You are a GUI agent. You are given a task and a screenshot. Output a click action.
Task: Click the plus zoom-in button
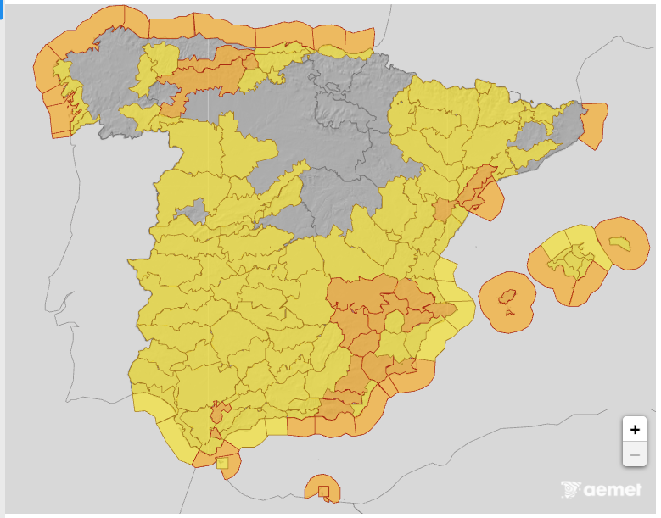coord(634,429)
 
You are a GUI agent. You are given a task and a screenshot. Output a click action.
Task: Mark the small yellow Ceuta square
coord(222,463)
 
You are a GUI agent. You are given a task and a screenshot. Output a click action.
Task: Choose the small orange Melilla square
coord(323,490)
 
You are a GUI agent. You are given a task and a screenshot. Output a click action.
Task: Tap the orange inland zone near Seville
coord(220,413)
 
